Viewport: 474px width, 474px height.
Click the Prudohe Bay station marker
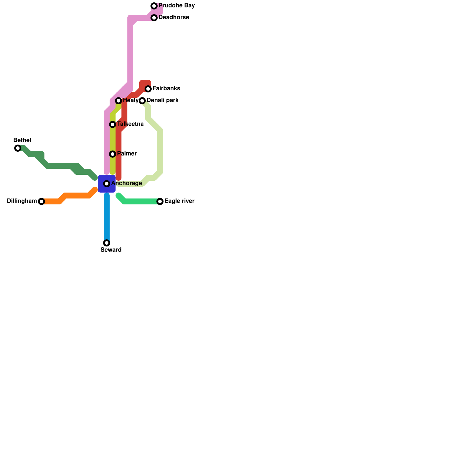(154, 6)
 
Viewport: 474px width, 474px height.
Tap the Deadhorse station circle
(154, 18)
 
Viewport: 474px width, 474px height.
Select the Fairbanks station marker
(148, 89)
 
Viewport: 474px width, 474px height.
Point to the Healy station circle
(118, 101)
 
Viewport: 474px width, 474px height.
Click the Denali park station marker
(142, 101)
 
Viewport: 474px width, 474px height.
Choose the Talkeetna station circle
(113, 124)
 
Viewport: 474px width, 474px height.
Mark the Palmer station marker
(113, 154)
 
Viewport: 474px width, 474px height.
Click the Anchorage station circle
(107, 184)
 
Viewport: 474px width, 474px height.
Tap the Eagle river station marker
(160, 201)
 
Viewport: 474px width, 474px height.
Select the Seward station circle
(107, 243)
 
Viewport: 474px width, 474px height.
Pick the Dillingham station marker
(41, 201)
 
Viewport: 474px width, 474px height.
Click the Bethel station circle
(18, 148)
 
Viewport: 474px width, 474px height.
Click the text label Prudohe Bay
(177, 6)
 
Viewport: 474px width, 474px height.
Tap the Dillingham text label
(22, 201)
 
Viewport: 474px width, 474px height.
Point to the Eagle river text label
(179, 201)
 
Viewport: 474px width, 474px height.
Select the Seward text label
(111, 250)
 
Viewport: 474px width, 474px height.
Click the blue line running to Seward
(107, 219)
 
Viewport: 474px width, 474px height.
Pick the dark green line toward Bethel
(59, 166)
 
